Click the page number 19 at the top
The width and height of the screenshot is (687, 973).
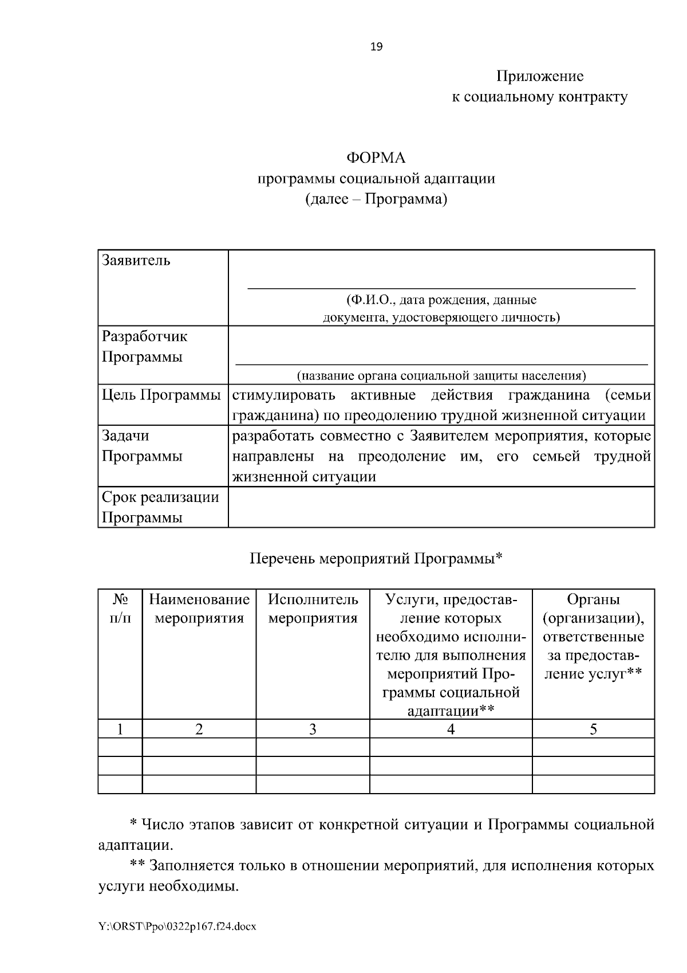[x=377, y=47]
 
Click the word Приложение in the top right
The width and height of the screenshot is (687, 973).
[x=540, y=76]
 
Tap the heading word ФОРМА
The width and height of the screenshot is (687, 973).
[x=376, y=157]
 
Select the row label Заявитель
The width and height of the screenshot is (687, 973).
[x=136, y=261]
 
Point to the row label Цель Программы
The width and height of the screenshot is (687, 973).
[x=161, y=395]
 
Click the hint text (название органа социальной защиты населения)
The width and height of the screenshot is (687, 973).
[x=441, y=376]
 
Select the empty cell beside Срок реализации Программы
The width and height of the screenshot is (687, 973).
[x=441, y=507]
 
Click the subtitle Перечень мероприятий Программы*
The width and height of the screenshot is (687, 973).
[x=376, y=558]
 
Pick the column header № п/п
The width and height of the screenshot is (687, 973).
[x=120, y=609]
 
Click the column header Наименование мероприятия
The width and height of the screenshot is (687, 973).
[x=199, y=609]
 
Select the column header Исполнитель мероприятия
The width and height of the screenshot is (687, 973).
[x=313, y=609]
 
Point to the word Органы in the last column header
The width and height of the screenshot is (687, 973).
[x=593, y=599]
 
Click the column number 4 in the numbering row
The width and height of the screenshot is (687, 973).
[x=451, y=729]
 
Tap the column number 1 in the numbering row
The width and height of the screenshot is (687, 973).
[x=120, y=729]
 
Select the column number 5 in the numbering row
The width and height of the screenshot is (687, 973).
[x=593, y=729]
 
